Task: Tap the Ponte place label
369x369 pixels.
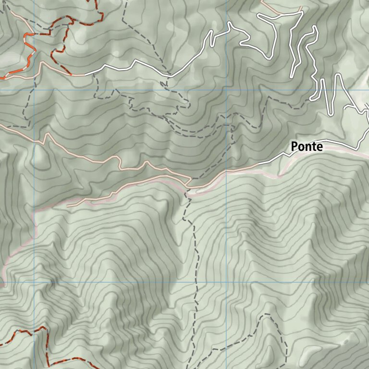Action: click(307, 147)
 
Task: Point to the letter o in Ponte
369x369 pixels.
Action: click(301, 148)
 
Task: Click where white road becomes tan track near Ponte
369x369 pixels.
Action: click(259, 163)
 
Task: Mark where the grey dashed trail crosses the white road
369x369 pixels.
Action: click(169, 76)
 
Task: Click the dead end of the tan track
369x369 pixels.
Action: click(67, 206)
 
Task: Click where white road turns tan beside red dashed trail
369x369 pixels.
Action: click(86, 75)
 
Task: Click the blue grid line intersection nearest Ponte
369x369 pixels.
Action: click(227, 90)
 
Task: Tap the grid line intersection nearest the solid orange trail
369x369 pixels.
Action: click(35, 90)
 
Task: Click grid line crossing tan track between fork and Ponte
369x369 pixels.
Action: click(227, 171)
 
